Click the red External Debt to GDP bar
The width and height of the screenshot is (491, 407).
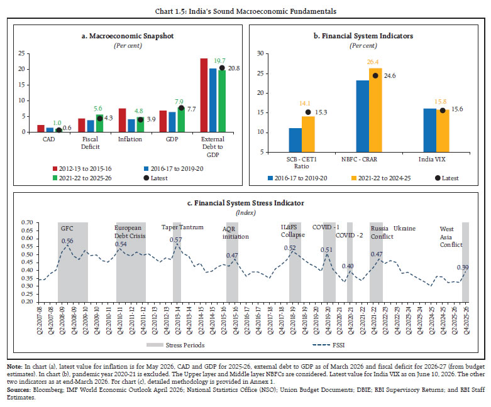pos(204,95)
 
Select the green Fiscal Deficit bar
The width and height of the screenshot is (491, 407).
pos(99,123)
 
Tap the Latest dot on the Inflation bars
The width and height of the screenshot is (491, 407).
pos(141,119)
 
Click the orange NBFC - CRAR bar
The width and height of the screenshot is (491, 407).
pos(375,110)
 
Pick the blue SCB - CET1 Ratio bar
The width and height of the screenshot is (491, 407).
pos(295,140)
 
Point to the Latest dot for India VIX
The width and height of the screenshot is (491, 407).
pos(443,111)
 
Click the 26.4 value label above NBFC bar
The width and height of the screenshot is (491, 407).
pos(373,62)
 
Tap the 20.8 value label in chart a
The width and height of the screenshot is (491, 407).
pos(234,68)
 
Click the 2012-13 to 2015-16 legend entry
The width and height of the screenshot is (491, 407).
pos(82,168)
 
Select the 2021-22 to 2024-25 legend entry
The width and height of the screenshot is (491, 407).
pos(381,178)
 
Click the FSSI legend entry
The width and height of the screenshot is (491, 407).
pos(328,345)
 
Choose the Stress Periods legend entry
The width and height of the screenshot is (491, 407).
pos(175,345)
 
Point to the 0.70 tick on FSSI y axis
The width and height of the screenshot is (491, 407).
pos(27,222)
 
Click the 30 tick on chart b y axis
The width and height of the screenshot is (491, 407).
pos(260,53)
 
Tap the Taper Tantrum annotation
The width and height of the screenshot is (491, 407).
pos(182,227)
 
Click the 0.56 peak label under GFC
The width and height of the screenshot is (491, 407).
pos(67,241)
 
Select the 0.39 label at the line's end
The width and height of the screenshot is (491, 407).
pos(463,268)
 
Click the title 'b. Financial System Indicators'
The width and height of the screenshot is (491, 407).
pos(363,36)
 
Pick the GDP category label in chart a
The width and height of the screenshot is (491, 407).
pos(172,139)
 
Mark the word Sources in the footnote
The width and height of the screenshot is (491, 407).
pos(18,390)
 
